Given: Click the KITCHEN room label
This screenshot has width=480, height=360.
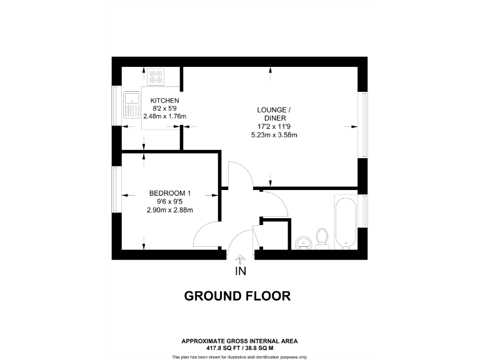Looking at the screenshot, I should click(165, 101).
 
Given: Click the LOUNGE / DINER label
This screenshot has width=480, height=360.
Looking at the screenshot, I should click(274, 114).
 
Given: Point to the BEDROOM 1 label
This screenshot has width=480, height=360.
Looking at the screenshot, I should click(166, 193).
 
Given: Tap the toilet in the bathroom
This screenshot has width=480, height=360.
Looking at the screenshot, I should click(322, 238).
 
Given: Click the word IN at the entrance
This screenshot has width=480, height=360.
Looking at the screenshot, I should click(241, 271).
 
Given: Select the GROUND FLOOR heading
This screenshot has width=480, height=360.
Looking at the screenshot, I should click(237, 296).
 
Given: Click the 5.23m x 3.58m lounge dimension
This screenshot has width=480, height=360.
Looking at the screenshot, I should click(274, 134).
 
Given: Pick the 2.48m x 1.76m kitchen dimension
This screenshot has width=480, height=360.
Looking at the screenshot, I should click(166, 116).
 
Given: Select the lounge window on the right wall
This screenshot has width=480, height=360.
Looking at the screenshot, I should click(361, 125).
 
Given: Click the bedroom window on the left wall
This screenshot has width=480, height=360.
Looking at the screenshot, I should click(116, 189).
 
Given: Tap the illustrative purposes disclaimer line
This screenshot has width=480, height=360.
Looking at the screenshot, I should click(239, 356).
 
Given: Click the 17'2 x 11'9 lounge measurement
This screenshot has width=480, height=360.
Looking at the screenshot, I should click(274, 125).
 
